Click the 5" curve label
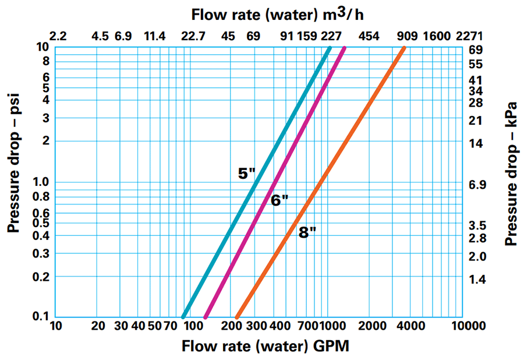coord(246,173)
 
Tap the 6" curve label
coord(279,200)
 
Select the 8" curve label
coord(307,233)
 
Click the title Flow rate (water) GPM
coord(265,346)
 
